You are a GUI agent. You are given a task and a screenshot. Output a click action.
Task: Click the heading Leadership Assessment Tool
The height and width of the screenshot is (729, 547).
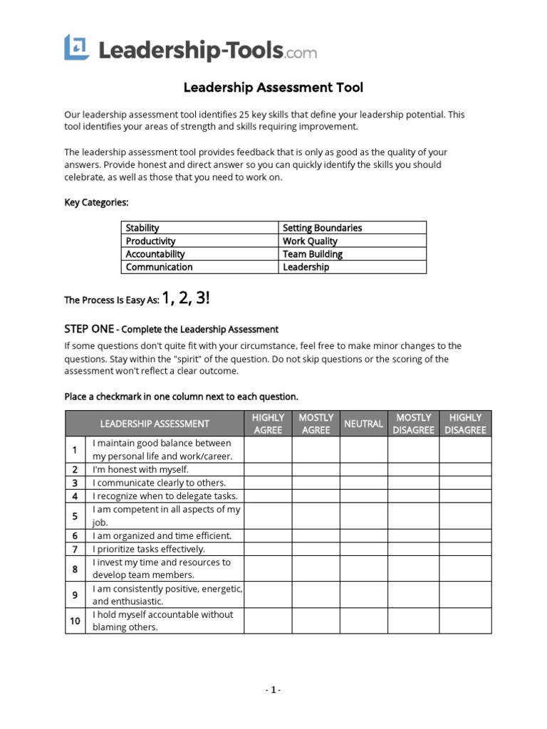tap(273, 88)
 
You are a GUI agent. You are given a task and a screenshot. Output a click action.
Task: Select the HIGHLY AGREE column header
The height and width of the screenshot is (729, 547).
tap(268, 424)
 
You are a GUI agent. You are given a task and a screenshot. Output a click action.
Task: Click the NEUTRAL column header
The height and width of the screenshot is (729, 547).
tap(363, 424)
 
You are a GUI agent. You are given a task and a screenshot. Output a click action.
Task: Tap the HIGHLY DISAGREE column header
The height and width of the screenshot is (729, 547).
tap(465, 424)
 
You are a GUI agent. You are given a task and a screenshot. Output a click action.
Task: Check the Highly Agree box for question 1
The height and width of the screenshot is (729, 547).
tap(268, 450)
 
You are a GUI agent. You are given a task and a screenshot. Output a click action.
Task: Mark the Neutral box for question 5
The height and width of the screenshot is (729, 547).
tap(363, 516)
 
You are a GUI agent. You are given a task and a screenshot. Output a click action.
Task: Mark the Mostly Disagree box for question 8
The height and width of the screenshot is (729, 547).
tap(413, 569)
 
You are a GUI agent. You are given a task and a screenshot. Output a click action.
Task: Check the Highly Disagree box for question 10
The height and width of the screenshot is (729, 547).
tap(465, 621)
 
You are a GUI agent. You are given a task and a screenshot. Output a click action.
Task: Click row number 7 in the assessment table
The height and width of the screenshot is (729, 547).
tap(75, 549)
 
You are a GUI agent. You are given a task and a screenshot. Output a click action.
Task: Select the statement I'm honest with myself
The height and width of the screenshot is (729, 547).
tap(140, 469)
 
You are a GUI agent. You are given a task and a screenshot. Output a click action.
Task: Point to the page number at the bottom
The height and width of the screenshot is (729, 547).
tap(273, 690)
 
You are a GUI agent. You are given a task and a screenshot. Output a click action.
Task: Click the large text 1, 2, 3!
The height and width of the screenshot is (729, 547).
tap(186, 298)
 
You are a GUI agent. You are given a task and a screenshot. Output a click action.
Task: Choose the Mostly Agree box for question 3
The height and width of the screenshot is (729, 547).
tap(316, 483)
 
